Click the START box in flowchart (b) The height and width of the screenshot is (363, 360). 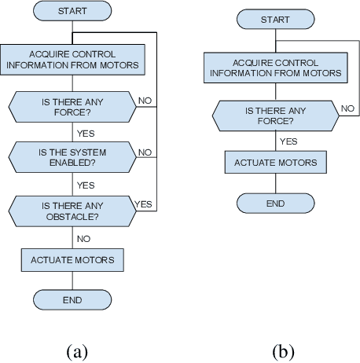click(275, 20)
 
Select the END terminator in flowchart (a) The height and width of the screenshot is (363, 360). click(72, 299)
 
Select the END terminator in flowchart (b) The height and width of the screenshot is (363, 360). click(275, 202)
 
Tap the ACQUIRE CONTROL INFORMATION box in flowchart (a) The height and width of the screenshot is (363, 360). click(72, 59)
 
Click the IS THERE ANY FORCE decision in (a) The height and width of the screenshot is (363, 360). click(72, 106)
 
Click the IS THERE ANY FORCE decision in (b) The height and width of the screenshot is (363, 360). click(275, 116)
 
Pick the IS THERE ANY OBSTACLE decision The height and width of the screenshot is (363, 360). click(72, 210)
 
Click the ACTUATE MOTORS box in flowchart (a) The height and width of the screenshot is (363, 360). click(72, 259)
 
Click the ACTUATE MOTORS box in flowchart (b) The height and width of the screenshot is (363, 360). click(275, 163)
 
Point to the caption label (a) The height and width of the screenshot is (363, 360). click(76, 350)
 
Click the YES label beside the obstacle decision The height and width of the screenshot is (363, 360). click(144, 203)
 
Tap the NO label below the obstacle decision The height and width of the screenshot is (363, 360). click(83, 236)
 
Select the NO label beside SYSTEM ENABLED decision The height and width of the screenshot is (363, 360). click(145, 152)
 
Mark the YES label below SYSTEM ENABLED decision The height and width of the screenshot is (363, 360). click(85, 185)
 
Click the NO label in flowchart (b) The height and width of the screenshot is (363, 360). click(347, 108)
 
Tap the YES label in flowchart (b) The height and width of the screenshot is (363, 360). click(288, 141)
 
